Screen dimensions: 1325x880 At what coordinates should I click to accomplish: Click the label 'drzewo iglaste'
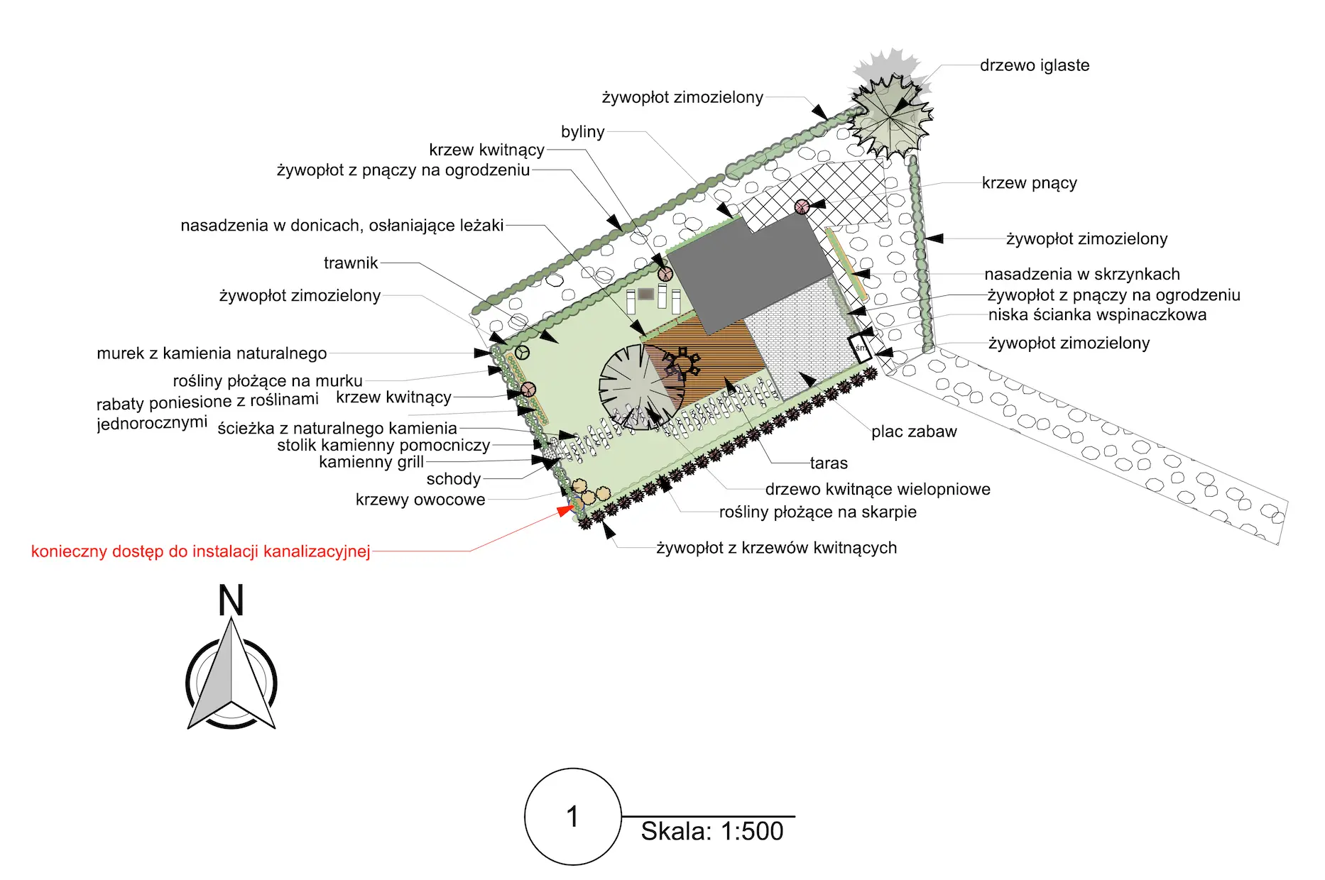(x=1035, y=65)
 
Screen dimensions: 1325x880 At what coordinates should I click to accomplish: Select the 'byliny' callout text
(x=583, y=132)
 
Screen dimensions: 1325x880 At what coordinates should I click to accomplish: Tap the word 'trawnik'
(x=351, y=263)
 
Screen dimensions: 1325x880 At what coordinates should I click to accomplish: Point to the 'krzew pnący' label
(x=1030, y=183)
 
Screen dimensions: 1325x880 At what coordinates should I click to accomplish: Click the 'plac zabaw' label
(x=914, y=431)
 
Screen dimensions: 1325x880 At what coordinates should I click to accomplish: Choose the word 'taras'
(x=829, y=463)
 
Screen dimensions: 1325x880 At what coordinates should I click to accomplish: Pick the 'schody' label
(x=454, y=479)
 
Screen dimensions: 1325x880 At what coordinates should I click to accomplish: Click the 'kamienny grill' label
(x=371, y=462)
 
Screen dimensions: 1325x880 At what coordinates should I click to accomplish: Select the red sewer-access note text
(x=201, y=551)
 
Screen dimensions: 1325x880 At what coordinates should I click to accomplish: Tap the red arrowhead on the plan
(x=566, y=510)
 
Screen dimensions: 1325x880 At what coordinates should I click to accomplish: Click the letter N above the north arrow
(x=231, y=600)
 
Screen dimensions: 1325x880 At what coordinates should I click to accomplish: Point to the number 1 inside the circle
(x=572, y=817)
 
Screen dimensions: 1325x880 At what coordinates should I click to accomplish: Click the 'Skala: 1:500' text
(x=712, y=831)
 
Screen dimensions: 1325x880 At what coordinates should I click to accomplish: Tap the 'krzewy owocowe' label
(x=420, y=500)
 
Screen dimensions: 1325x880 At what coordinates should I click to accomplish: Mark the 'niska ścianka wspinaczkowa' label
(x=1097, y=315)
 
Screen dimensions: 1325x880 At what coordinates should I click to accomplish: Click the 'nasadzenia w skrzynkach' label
(x=1082, y=274)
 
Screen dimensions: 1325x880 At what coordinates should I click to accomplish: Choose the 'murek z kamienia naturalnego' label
(x=212, y=353)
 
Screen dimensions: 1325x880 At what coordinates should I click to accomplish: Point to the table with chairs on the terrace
(x=682, y=363)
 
